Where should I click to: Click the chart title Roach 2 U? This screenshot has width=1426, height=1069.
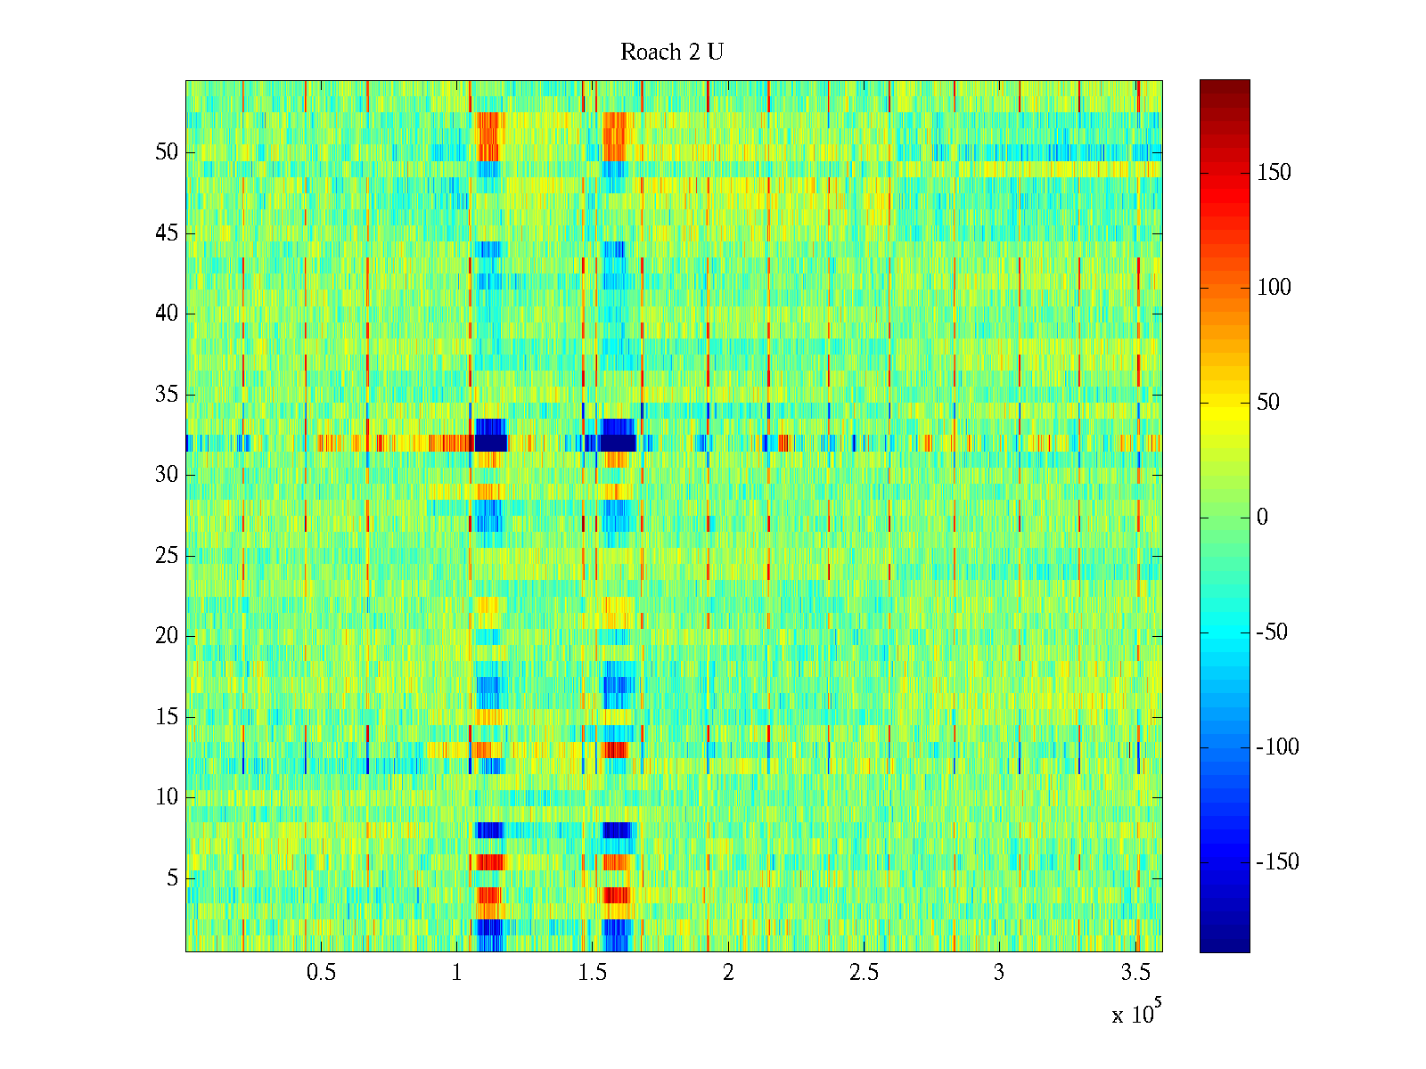[671, 53]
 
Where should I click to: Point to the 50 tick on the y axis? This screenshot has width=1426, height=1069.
[167, 152]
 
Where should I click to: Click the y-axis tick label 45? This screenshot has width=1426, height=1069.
[167, 233]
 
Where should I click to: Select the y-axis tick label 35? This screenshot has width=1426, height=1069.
[167, 395]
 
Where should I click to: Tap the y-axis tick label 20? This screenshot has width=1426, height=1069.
[167, 636]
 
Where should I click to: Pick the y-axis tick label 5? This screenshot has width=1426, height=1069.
[172, 878]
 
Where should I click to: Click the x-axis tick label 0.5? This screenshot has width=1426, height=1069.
[321, 973]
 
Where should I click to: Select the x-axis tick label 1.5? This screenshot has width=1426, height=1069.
[593, 973]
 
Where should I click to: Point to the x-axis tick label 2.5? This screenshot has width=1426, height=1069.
[864, 973]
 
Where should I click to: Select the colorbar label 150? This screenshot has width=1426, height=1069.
[1274, 173]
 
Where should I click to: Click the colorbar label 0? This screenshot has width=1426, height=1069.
[1261, 518]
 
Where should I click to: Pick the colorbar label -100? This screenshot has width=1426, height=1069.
[1277, 747]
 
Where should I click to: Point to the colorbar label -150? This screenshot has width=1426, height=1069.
[1277, 862]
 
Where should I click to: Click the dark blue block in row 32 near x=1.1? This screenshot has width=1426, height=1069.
[490, 443]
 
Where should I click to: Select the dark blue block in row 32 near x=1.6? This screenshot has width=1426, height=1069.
[618, 443]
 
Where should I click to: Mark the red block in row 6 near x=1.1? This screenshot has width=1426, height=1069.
[490, 862]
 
